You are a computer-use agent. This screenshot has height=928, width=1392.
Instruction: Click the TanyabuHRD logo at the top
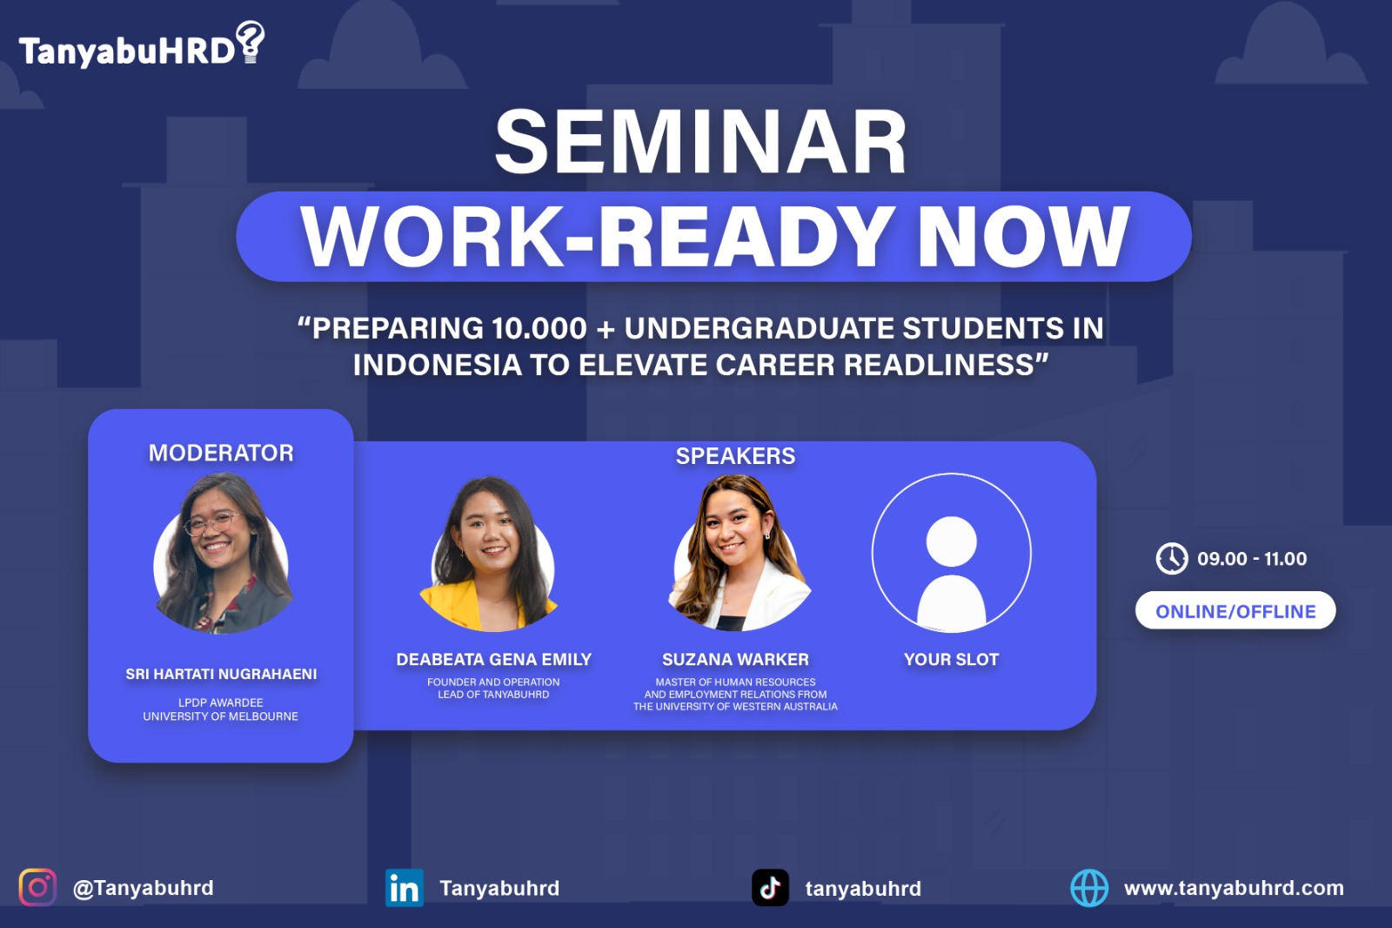(142, 44)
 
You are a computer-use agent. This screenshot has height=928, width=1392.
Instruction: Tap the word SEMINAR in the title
(701, 142)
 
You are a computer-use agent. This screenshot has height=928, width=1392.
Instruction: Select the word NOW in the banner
(1023, 237)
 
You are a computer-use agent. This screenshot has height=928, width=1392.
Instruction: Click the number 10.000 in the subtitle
(539, 328)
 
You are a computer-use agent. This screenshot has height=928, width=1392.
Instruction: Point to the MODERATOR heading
(221, 453)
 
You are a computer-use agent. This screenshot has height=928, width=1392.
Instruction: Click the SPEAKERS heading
(735, 456)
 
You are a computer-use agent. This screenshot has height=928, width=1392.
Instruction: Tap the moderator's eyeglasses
(211, 523)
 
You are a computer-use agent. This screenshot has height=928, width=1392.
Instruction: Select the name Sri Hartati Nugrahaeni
(221, 674)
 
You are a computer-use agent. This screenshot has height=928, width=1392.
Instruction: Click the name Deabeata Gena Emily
(493, 659)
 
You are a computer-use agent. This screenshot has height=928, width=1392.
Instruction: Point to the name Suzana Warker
(735, 659)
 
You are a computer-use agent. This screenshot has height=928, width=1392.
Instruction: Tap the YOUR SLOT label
(952, 659)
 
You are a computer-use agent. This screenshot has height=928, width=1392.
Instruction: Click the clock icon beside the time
(1172, 559)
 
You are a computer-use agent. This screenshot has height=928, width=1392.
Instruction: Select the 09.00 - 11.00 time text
(1252, 559)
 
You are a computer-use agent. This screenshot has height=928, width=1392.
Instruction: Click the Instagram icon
(38, 888)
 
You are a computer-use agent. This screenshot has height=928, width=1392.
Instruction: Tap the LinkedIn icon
(405, 888)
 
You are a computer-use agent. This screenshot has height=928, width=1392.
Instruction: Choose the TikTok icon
(771, 888)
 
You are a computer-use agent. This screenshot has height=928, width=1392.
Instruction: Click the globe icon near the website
(1088, 888)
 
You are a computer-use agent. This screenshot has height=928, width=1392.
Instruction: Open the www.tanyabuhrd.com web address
(1234, 888)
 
